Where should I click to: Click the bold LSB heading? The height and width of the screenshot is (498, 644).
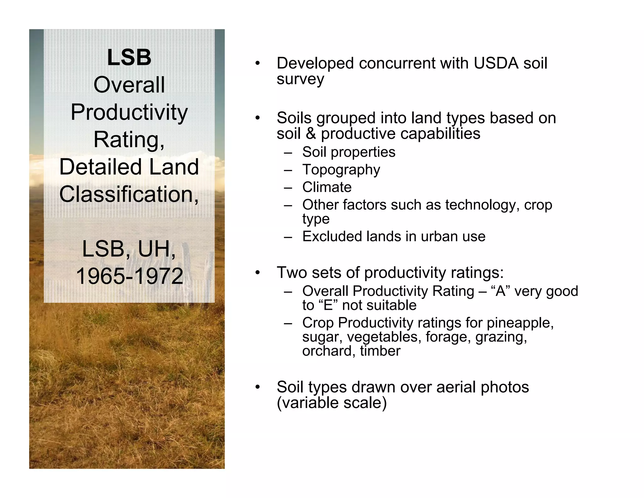(x=129, y=58)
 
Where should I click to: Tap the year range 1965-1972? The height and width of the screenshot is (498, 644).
(x=129, y=276)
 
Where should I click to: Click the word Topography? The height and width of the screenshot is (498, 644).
(x=341, y=170)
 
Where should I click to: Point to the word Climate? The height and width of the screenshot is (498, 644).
(x=327, y=187)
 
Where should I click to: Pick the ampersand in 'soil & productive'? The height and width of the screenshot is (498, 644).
(x=311, y=133)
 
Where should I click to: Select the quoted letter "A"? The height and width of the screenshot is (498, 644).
(x=500, y=291)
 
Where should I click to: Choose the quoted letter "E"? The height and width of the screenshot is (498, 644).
(x=328, y=305)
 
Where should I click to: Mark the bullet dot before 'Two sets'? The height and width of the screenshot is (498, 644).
(x=258, y=273)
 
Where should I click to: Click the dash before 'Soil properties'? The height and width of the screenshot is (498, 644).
(x=288, y=153)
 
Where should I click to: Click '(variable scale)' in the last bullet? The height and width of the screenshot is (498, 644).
(x=331, y=403)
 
